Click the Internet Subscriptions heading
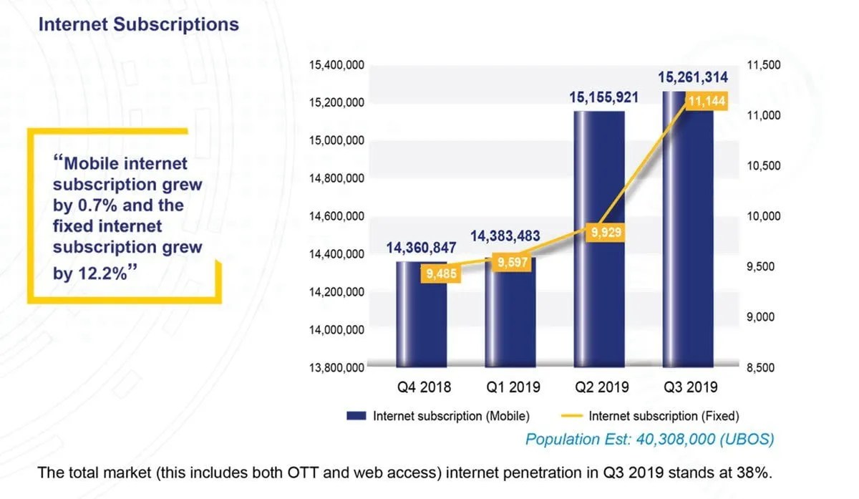pyautogui.click(x=138, y=24)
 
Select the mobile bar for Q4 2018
pyautogui.click(x=422, y=315)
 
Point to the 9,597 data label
pyautogui.click(x=513, y=263)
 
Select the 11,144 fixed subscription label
pyautogui.click(x=706, y=102)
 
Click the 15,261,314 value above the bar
pyautogui.click(x=689, y=77)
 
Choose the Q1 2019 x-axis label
pyautogui.click(x=513, y=387)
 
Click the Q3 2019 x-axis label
pyautogui.click(x=690, y=387)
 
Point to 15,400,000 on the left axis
pyautogui.click(x=336, y=65)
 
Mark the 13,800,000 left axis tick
pyautogui.click(x=336, y=368)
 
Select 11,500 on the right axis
pyautogui.click(x=763, y=65)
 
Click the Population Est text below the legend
pyautogui.click(x=649, y=439)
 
